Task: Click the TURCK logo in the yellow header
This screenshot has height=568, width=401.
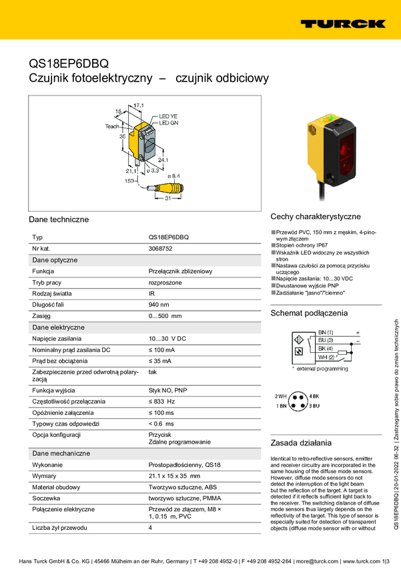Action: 342,23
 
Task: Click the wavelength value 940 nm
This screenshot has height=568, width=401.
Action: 159,305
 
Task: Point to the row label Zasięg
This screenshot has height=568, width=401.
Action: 42,316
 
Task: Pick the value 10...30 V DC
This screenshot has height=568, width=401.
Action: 167,339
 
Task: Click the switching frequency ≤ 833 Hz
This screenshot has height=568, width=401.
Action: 161,401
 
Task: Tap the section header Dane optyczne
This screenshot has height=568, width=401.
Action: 55,260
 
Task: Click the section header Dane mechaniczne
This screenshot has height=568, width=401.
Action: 61,453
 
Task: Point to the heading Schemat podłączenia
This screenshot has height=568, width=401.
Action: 309,313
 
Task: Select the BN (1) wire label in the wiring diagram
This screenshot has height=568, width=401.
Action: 326,332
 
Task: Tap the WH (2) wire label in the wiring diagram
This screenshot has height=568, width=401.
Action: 326,357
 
